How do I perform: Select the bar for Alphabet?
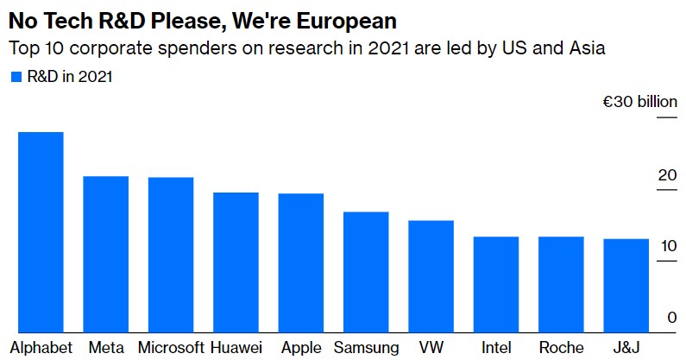[41, 231]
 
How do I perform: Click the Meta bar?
[105, 254]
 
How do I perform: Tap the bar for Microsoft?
[171, 255]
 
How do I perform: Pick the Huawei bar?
[236, 262]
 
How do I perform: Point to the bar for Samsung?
[366, 271]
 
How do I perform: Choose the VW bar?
[431, 275]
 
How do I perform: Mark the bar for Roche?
[561, 283]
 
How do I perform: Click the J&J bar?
[626, 285]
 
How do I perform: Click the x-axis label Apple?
[301, 348]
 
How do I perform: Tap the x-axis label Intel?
[496, 348]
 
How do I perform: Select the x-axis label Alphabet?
[40, 348]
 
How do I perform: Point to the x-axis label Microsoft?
[171, 348]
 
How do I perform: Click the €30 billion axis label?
[639, 102]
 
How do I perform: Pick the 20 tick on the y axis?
[667, 175]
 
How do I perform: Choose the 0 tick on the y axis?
[671, 318]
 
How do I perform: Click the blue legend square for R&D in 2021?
[16, 77]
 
